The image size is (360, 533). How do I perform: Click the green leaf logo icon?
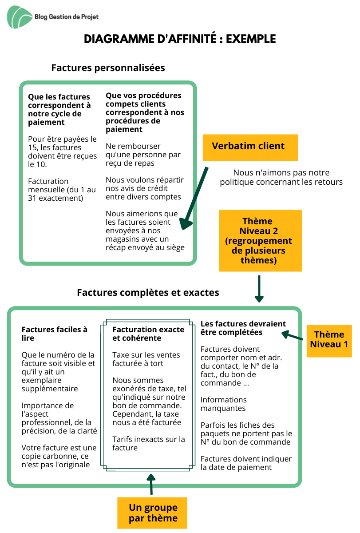(20, 17)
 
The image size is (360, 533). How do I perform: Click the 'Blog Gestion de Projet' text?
(67, 17)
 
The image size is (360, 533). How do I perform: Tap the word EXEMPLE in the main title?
(251, 39)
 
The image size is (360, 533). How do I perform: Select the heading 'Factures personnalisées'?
(108, 68)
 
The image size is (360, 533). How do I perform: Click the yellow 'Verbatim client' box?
(250, 147)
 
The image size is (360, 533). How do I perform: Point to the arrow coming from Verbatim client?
(194, 198)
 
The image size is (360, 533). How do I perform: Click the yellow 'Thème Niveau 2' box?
(261, 240)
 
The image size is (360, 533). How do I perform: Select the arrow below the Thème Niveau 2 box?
(259, 289)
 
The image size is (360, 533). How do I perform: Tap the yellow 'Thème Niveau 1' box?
(329, 341)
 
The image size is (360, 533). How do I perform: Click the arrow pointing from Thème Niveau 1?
(292, 335)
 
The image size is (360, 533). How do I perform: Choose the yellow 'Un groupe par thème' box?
(152, 513)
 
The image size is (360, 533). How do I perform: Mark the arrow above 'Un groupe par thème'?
(151, 484)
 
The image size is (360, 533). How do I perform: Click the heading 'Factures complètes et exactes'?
(148, 293)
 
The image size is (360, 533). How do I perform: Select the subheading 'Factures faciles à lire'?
(55, 334)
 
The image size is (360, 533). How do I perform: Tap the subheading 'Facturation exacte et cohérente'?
(148, 334)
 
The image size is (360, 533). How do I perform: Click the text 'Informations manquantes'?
(224, 404)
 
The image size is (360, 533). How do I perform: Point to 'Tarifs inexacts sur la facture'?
(149, 443)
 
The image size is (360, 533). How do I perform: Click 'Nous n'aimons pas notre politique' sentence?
(281, 177)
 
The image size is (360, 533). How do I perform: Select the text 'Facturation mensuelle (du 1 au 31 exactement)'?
(62, 190)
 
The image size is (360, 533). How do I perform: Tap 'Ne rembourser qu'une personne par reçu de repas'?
(143, 155)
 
